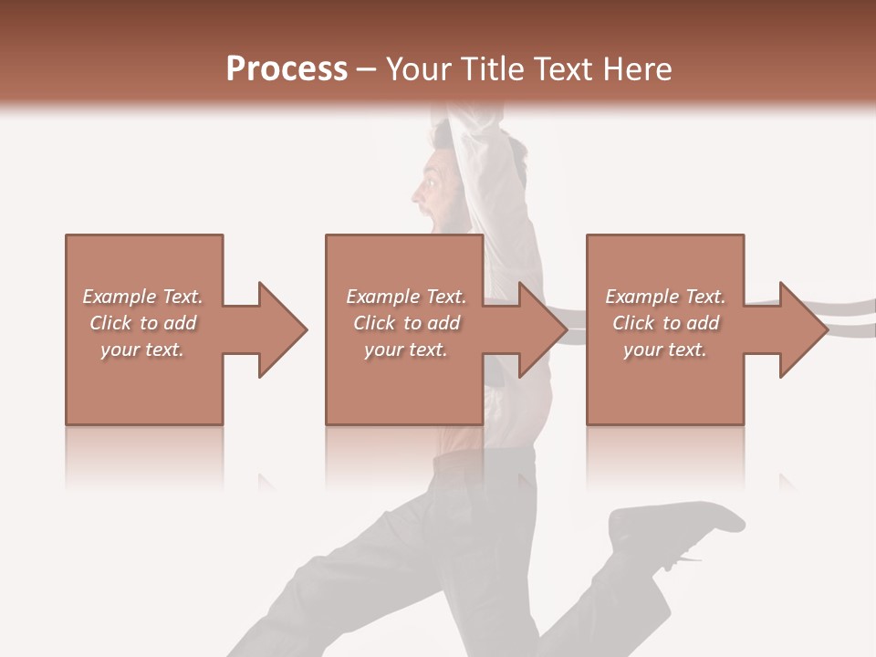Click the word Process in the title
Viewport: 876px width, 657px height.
287,69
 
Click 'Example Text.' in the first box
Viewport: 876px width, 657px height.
142,297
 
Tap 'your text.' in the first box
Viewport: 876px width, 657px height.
142,349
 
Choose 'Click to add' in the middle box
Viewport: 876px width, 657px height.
406,323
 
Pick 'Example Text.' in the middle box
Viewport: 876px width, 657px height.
406,297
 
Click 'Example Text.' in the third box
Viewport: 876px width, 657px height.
665,297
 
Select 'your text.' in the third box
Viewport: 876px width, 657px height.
665,349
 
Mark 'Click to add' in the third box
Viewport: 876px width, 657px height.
665,323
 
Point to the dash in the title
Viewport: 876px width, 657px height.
367,70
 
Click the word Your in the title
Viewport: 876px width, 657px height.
419,69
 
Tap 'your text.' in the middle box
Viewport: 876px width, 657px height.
406,349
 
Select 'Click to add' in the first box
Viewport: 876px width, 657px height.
142,323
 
